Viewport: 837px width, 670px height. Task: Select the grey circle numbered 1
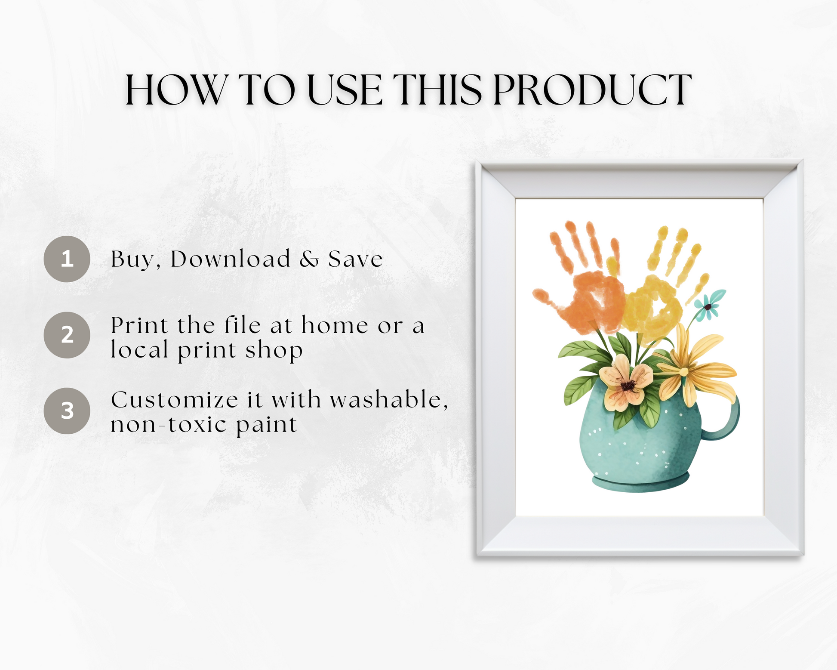[67, 259]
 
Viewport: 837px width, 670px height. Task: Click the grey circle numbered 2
[67, 335]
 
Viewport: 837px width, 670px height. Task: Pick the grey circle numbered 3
[67, 411]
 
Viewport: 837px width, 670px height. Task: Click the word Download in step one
[231, 259]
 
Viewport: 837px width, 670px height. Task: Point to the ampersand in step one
[309, 259]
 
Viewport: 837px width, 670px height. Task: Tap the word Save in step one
[355, 259]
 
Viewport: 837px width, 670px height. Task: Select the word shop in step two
[274, 349]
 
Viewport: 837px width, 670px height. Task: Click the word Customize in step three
[174, 400]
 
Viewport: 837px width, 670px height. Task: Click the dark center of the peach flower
[628, 385]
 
